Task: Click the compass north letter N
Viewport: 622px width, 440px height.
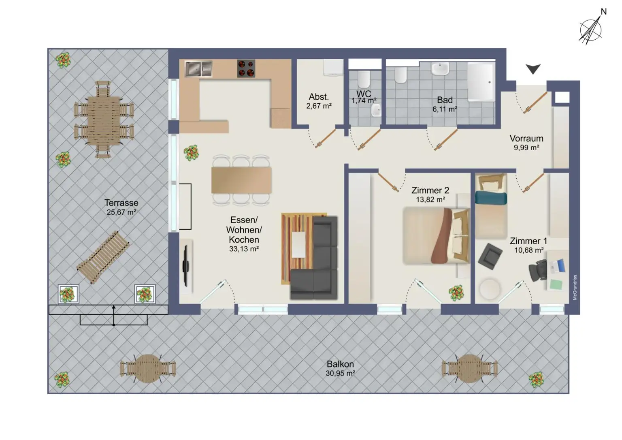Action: [x=603, y=12]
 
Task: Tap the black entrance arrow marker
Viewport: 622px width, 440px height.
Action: [x=533, y=69]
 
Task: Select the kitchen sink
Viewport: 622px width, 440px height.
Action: [x=198, y=69]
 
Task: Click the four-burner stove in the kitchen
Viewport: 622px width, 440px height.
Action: [x=246, y=68]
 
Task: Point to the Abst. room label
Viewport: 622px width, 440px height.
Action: [x=319, y=97]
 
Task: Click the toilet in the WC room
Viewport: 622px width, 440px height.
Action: [x=364, y=79]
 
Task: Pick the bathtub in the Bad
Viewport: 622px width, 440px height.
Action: [x=481, y=82]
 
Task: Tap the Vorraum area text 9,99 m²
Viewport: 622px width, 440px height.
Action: [x=526, y=147]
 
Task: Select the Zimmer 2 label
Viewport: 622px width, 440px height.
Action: [x=430, y=190]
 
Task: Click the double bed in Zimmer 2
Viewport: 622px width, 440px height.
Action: [x=436, y=236]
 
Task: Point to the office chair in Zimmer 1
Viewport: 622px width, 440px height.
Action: [x=538, y=270]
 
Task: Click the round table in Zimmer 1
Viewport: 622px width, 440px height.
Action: [x=490, y=289]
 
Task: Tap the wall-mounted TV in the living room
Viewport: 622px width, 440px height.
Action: [x=185, y=266]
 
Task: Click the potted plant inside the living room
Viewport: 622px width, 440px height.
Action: [x=191, y=153]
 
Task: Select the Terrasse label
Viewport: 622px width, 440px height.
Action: [x=121, y=203]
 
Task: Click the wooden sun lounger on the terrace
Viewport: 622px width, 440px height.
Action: [x=103, y=257]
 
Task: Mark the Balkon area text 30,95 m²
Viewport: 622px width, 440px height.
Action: [x=340, y=373]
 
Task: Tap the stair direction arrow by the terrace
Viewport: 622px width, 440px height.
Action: [x=113, y=315]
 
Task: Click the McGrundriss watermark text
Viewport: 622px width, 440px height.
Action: [x=575, y=287]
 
